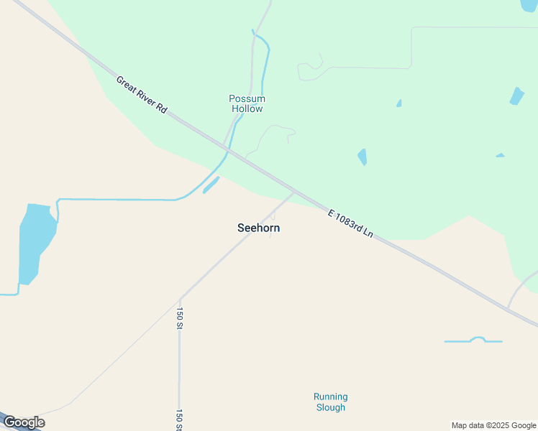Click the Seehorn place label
tap(258, 228)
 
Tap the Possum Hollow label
tap(247, 103)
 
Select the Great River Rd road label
tap(142, 94)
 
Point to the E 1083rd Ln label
tap(351, 224)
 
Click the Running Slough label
tap(330, 402)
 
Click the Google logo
tap(24, 422)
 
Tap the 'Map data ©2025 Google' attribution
tap(493, 425)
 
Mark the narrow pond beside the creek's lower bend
tap(211, 185)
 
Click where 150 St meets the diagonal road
tap(180, 298)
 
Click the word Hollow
tap(247, 109)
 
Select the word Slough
tap(331, 407)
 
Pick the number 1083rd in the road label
tap(353, 226)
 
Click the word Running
tap(330, 397)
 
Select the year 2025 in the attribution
tap(501, 425)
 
